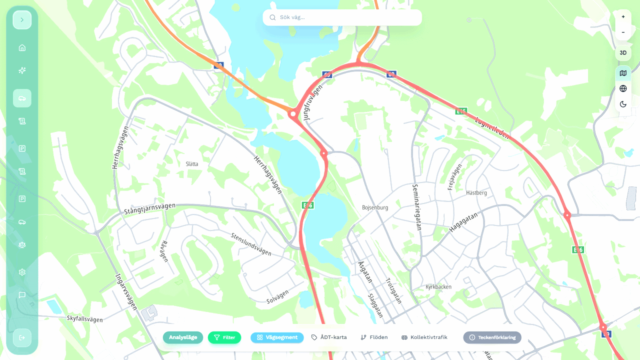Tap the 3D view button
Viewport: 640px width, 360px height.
623,52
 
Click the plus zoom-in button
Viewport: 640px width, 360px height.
623,17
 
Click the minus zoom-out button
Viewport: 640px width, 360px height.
623,32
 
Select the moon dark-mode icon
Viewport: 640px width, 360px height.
623,104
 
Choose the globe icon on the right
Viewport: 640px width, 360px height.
623,88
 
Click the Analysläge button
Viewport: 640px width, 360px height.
183,337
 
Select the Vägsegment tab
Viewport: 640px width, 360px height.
277,337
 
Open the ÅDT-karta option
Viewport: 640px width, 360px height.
329,337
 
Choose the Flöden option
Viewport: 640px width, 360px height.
374,337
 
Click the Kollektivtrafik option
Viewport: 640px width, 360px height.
424,337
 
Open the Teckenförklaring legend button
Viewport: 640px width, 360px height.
492,337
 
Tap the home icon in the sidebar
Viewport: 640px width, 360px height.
22,48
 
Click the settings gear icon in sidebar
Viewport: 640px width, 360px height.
22,272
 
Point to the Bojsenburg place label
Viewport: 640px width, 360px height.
375,207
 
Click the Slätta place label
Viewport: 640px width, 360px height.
192,164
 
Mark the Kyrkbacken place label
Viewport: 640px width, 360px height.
438,287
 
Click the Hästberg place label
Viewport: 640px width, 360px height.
476,192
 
